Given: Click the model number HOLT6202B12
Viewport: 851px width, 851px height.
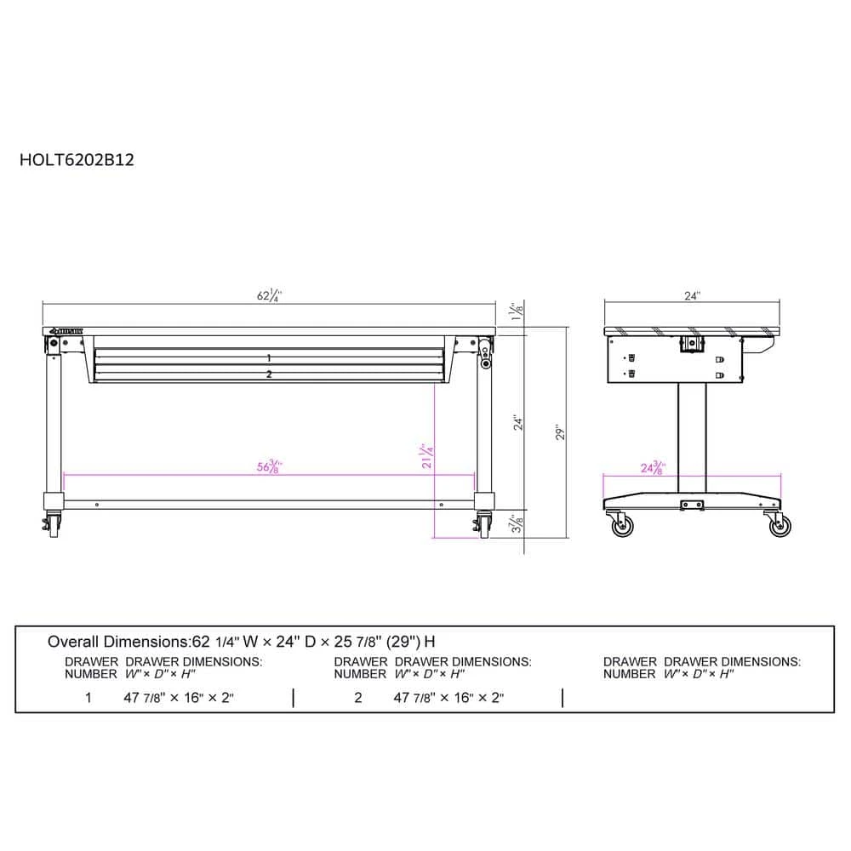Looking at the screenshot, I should [x=76, y=157].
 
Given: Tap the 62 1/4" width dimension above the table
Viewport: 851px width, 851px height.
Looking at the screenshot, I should [x=269, y=296].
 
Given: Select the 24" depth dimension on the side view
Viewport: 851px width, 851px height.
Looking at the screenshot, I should [x=692, y=296].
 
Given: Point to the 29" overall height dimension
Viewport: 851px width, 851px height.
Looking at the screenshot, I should [x=561, y=431].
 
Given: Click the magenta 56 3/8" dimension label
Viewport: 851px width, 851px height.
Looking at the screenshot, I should [x=269, y=466].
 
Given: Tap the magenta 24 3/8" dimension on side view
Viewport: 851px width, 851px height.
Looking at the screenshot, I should [x=652, y=467].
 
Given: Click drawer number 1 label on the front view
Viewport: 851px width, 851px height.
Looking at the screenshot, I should [x=269, y=358].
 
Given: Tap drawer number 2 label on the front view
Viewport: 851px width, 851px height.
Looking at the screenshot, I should [x=269, y=374].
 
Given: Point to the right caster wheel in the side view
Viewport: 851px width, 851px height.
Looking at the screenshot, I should [x=780, y=526].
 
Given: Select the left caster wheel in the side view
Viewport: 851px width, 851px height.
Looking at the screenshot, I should [x=623, y=526].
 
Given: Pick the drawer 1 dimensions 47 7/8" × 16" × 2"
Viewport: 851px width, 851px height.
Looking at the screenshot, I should [x=179, y=698].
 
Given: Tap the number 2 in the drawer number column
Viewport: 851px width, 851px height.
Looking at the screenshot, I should [x=358, y=698].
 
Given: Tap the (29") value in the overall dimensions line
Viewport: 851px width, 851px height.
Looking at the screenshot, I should [x=403, y=641].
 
